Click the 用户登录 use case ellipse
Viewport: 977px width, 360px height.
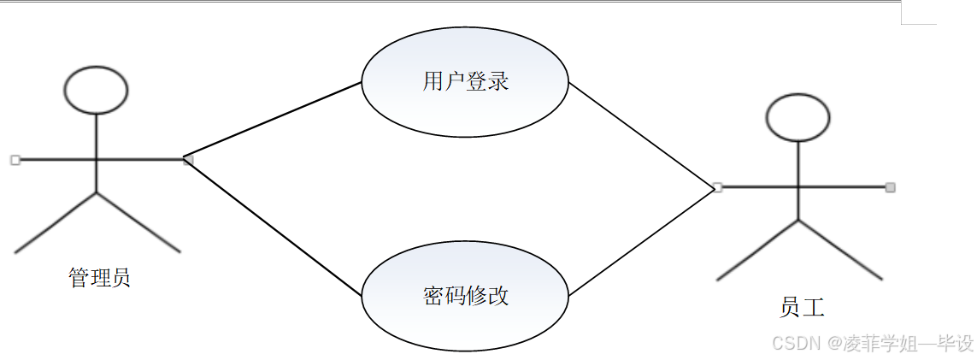[465, 82]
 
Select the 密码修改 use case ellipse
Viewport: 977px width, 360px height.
[465, 295]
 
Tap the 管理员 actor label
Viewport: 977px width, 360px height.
[99, 278]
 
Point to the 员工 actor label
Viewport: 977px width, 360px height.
[802, 306]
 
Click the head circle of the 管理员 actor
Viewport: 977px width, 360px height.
[96, 89]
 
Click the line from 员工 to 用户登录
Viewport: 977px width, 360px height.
[641, 134]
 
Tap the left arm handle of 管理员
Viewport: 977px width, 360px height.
[15, 159]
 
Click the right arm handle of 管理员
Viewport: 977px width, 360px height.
[188, 160]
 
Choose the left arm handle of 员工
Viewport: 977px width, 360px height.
[717, 187]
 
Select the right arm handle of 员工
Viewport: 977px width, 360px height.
[890, 187]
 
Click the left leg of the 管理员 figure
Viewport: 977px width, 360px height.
[56, 222]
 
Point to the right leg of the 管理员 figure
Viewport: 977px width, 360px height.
[138, 222]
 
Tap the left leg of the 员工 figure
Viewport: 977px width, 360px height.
[757, 250]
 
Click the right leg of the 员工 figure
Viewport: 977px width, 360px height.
[839, 250]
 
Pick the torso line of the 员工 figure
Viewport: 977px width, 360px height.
[798, 171]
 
